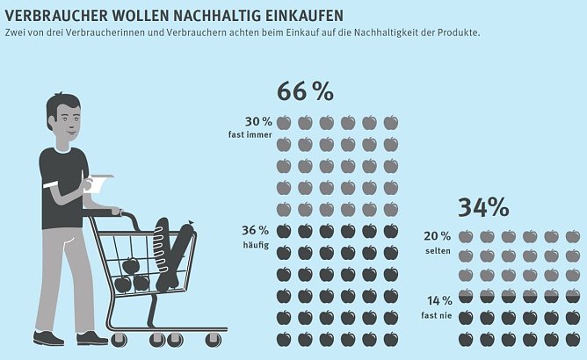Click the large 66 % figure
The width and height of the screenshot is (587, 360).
click(305, 91)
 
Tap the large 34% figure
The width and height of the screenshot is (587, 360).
click(482, 207)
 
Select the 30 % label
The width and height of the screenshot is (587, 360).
click(257, 121)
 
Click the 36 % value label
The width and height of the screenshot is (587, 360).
click(254, 230)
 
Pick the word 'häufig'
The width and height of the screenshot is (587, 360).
click(257, 243)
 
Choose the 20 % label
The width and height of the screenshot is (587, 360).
click(436, 235)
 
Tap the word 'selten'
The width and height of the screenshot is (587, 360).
click(438, 248)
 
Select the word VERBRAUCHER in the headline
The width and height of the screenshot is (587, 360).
click(47, 16)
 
